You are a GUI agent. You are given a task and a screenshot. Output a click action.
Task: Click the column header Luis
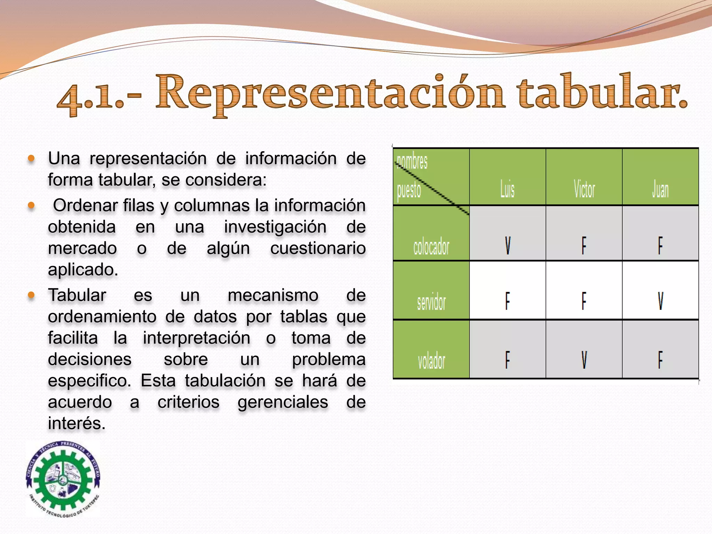[x=507, y=190]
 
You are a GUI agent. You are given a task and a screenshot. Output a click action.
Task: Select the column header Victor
[x=584, y=190]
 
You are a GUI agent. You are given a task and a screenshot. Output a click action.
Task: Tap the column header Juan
[x=660, y=190]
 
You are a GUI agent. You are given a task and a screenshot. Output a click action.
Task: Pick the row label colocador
[x=431, y=247]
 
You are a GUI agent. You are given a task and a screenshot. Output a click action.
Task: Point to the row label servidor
[x=431, y=302]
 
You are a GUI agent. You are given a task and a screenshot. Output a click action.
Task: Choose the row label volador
[x=431, y=361]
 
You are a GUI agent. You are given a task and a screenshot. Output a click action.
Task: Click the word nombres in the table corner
[x=412, y=161]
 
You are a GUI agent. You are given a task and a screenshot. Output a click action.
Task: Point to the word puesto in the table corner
[x=409, y=190]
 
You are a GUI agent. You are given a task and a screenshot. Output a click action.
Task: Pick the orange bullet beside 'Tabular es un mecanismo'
[x=31, y=296]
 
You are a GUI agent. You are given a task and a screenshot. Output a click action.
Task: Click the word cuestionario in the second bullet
[x=318, y=248]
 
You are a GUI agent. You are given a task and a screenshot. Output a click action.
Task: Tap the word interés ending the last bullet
[x=76, y=423]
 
